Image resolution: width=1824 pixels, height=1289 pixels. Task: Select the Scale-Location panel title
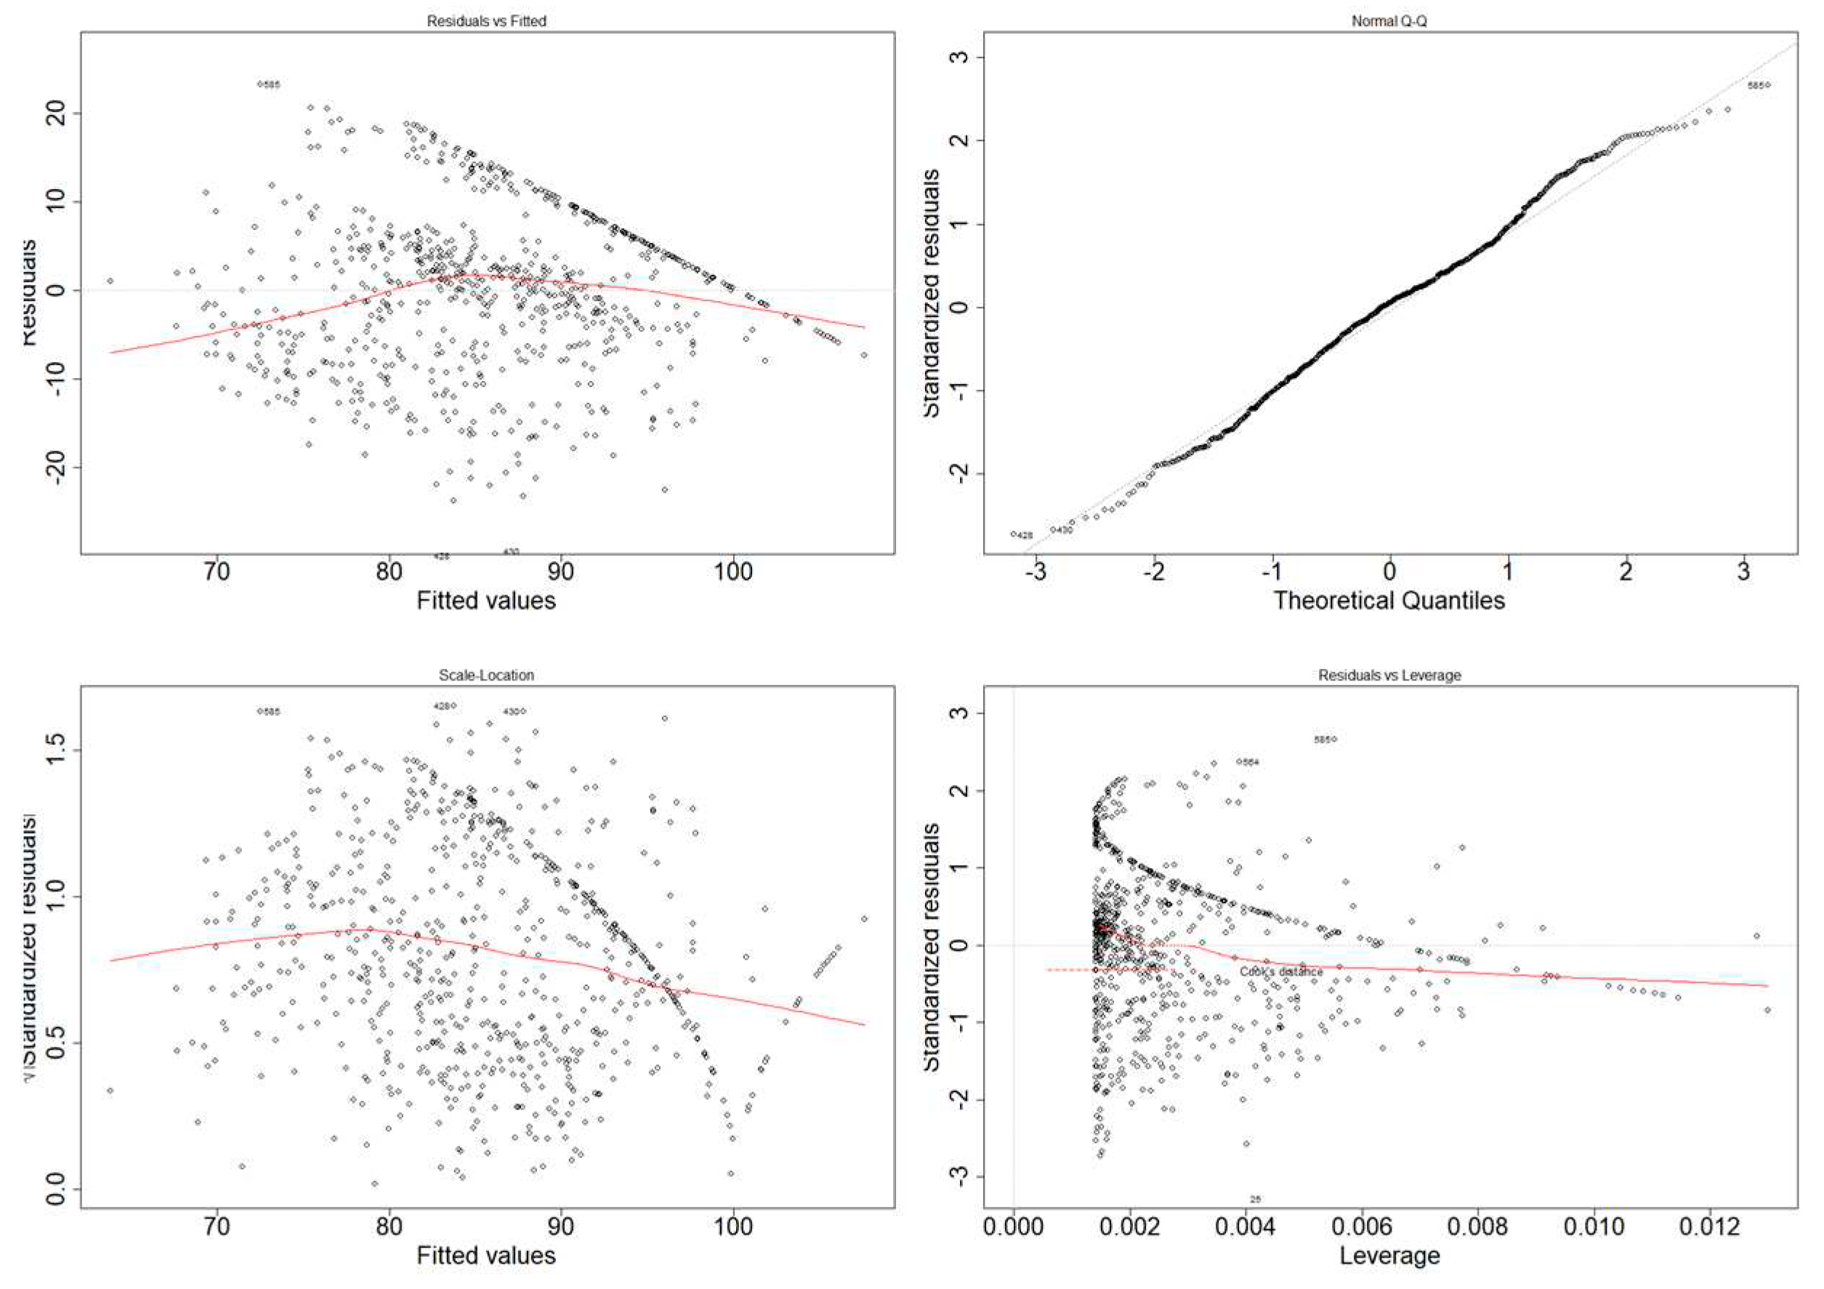click(486, 675)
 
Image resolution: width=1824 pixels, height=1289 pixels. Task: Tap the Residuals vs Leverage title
click(1389, 675)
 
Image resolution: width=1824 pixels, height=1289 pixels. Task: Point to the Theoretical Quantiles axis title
click(1389, 600)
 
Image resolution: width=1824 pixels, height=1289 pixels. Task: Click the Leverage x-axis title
click(1389, 1256)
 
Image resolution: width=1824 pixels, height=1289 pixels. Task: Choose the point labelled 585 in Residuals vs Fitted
click(259, 84)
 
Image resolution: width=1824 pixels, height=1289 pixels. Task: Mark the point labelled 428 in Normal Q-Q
click(1014, 534)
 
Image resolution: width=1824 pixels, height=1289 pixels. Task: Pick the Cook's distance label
click(1280, 971)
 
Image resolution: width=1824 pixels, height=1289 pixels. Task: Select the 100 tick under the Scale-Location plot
click(733, 1227)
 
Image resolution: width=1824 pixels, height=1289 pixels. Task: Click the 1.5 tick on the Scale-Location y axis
click(58, 750)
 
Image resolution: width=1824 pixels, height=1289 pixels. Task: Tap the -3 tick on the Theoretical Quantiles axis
click(1036, 572)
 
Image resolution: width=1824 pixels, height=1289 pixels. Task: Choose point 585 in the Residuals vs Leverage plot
click(1335, 739)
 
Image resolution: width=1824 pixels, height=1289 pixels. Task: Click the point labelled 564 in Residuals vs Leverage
click(1239, 761)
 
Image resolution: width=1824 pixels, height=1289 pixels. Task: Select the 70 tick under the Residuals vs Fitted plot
click(217, 572)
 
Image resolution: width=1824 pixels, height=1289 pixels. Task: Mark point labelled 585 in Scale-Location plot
click(259, 711)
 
